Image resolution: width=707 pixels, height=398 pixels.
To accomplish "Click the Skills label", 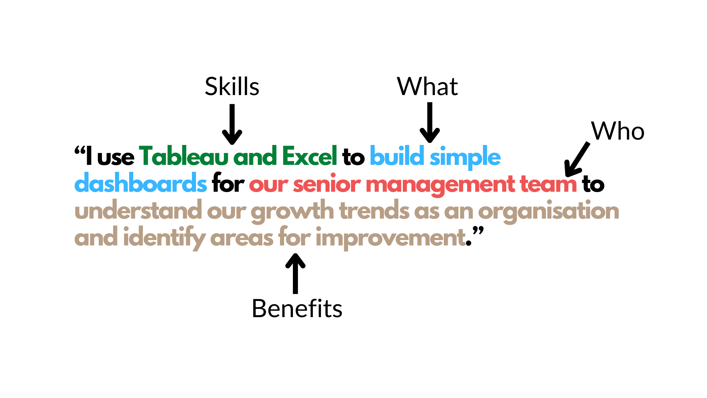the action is coord(232,86).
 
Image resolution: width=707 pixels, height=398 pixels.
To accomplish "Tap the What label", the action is coord(427,86).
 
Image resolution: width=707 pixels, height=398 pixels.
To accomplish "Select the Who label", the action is coord(618,131).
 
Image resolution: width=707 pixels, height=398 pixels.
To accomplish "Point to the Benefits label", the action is coord(297,308).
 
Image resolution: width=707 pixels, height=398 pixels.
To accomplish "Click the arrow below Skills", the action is coord(232,124).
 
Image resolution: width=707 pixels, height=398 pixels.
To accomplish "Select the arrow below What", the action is coord(430,123).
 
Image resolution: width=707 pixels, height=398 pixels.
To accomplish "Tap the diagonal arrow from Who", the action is coord(576,160).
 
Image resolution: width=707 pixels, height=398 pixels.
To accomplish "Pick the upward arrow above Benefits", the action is coord(295,274).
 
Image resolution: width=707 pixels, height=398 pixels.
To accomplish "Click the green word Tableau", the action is coord(184,156).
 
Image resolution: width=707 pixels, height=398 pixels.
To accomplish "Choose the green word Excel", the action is coord(310,156).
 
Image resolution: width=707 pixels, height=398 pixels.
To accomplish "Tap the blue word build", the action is coord(397,156).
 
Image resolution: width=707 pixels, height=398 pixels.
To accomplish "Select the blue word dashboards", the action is coord(141,183).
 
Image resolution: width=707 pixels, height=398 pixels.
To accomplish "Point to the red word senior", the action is coord(327,183).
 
